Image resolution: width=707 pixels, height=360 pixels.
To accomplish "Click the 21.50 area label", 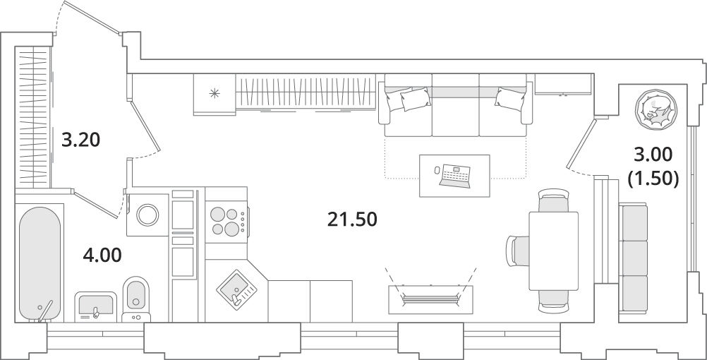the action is tap(352, 220).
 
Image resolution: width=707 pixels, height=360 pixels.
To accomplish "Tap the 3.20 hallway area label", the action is tap(80, 140).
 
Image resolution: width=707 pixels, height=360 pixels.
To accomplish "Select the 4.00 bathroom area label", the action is tap(102, 256).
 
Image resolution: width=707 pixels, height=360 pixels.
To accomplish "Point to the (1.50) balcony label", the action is tap(653, 179).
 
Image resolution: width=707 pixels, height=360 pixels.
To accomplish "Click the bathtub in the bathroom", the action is tap(40, 263).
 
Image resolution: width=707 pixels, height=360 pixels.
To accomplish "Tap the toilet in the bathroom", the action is tap(135, 298).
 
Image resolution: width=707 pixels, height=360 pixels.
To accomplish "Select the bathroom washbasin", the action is tap(95, 306).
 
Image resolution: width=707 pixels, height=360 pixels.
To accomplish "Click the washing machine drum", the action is tap(148, 215).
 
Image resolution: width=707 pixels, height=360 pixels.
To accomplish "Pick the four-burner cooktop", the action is tap(226, 221).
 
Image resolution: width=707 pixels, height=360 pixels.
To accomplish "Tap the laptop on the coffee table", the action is tap(456, 176).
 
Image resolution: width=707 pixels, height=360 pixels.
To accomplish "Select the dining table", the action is tap(553, 251).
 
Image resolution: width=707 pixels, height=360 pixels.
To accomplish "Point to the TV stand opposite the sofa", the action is tap(430, 299).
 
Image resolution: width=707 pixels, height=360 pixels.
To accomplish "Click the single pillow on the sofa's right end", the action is tap(510, 99).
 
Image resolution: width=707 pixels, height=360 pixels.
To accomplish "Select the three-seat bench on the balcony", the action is tap(634, 257).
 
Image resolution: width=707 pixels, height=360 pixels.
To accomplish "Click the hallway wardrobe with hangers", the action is tap(32, 117).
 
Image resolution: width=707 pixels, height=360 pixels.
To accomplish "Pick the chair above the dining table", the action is tap(554, 201).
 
